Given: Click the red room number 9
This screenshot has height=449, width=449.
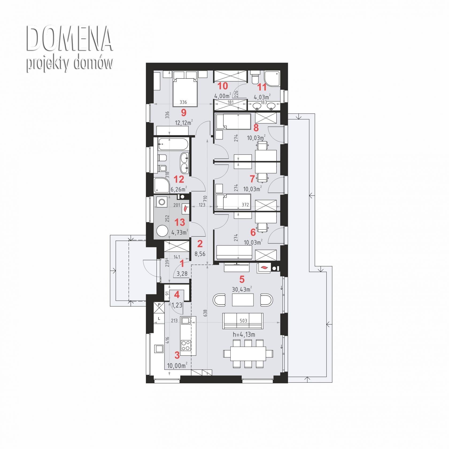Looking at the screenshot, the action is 184,113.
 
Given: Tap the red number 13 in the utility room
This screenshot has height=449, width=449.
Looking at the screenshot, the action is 180,222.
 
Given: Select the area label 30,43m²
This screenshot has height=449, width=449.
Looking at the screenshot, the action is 242,289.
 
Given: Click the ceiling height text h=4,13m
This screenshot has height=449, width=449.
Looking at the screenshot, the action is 244,334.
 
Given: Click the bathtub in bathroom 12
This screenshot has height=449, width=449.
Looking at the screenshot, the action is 173,144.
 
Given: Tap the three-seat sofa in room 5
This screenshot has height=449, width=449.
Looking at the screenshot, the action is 243,321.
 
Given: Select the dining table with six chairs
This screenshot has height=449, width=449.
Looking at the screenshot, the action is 248,354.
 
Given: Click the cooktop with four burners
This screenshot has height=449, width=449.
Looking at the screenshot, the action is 186,345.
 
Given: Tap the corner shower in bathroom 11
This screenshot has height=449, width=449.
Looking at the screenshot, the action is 272,78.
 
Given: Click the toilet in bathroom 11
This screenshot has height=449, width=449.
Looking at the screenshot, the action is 254,77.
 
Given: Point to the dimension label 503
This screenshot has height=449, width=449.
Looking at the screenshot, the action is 243,321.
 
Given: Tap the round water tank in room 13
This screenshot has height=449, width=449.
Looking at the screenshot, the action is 162,231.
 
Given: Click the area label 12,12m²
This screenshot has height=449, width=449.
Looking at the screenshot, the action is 184,123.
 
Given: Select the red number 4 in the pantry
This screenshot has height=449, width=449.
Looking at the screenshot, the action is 177,295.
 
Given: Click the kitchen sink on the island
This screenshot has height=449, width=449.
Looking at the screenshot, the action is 186,320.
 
